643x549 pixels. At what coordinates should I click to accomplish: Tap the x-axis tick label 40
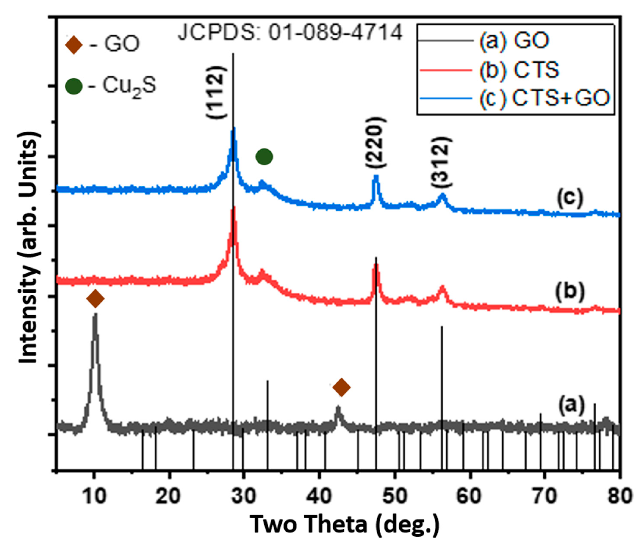[x=320, y=496]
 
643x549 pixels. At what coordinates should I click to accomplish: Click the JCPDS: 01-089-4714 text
[x=290, y=33]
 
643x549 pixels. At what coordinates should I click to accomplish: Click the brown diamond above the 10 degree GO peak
[x=95, y=299]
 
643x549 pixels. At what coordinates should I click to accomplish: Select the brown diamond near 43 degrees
[x=341, y=387]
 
